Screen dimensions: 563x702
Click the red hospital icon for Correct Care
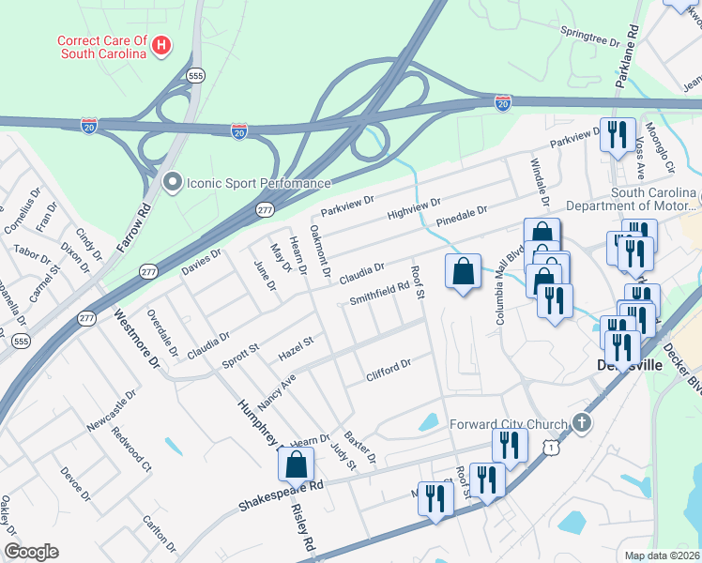pos(161,44)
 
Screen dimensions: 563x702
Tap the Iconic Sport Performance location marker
pos(171,182)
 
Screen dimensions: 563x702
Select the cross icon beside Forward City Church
pos(581,422)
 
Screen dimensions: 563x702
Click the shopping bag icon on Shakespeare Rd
pos(296,464)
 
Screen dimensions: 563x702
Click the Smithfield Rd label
pos(380,297)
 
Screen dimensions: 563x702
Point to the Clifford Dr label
pos(389,371)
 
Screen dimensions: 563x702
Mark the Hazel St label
pos(295,351)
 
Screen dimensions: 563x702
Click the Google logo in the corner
pos(31,552)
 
